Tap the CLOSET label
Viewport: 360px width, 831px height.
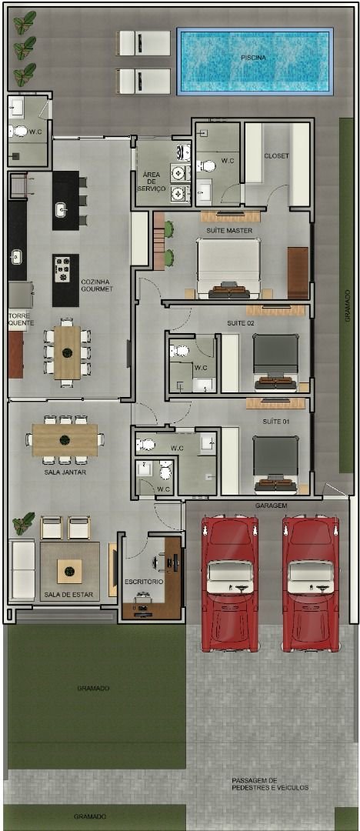pos(276,156)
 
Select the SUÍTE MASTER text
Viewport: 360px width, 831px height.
pos(229,230)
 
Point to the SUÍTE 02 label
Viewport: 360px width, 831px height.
pos(240,323)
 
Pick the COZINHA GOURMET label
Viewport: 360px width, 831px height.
pos(97,285)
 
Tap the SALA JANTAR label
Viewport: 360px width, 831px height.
pos(65,472)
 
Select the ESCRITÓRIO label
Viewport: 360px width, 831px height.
pos(144,582)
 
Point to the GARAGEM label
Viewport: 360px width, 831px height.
pos(272,506)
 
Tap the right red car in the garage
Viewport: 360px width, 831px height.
pos(311,583)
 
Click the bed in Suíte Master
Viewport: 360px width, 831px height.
pos(228,267)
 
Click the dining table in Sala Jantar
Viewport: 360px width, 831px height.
pos(65,439)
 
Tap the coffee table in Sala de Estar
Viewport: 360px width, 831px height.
pos(69,570)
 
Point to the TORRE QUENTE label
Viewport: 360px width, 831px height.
pos(20,319)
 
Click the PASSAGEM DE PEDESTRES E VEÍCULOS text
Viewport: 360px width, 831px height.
pos(270,783)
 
